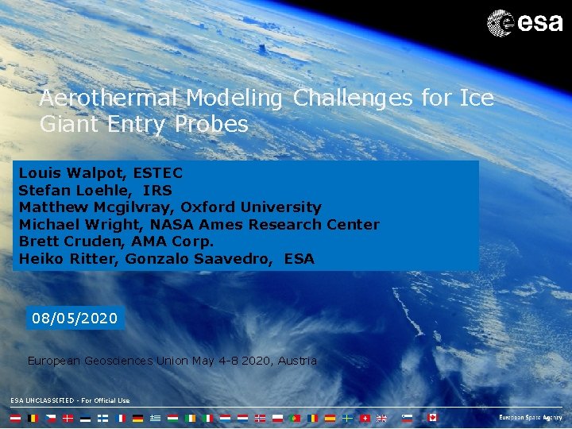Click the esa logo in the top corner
(x=524, y=21)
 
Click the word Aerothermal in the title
(x=110, y=99)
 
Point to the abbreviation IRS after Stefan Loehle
(x=162, y=190)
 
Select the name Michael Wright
(x=67, y=225)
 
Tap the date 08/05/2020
(x=75, y=319)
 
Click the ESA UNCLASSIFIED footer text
(x=70, y=400)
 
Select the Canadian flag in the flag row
(x=432, y=417)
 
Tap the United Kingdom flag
(x=381, y=417)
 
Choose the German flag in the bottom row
(x=137, y=417)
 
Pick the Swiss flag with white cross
(x=365, y=417)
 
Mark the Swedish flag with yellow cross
(x=347, y=417)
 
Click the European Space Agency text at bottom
(x=530, y=417)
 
